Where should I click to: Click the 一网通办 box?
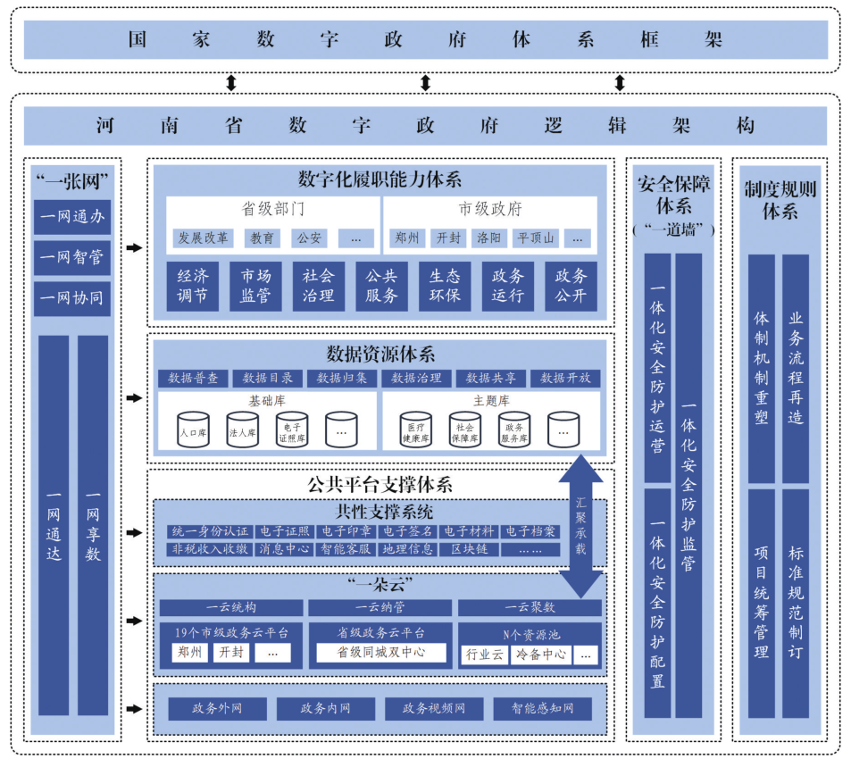[x=72, y=215]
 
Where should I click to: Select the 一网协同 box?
[x=72, y=298]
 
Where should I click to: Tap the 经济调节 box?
[x=192, y=286]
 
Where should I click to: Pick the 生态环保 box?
[x=445, y=286]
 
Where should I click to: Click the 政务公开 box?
[x=571, y=286]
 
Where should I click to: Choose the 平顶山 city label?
[x=536, y=238]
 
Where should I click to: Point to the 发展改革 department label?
[x=203, y=238]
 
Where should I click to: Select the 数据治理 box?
[x=416, y=379]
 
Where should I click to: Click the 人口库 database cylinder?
[x=193, y=430]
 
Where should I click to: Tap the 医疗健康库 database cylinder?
[x=415, y=430]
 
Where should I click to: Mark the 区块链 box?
[x=468, y=549]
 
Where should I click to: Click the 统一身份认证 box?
[x=210, y=532]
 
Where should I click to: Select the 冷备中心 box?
[x=540, y=655]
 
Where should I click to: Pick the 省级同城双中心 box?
[x=380, y=653]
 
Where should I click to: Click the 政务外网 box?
[x=217, y=709]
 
